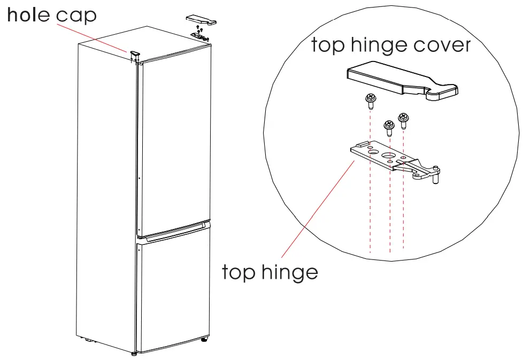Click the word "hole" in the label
coord(29,15)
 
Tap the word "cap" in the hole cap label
coord(76,16)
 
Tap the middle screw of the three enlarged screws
coord(388,126)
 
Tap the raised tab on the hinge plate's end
coord(363,144)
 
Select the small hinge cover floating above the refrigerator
coord(201,19)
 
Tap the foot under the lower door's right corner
coord(204,339)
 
